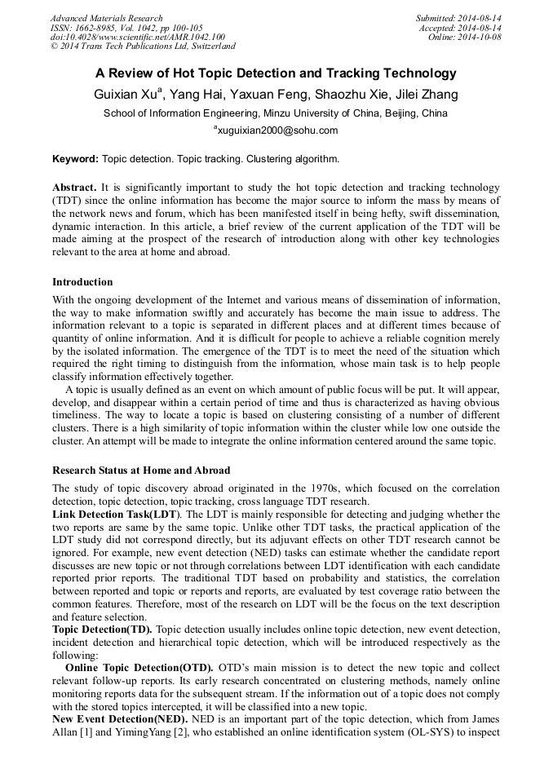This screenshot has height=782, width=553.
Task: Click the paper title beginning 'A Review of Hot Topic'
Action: pos(276,73)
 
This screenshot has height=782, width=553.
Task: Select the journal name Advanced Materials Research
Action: pos(106,18)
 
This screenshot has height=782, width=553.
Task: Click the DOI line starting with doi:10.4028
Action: pos(137,37)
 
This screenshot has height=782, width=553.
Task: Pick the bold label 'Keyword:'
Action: pos(76,159)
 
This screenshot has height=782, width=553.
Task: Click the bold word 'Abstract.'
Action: pos(74,188)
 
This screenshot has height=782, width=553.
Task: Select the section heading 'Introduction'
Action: pos(82,282)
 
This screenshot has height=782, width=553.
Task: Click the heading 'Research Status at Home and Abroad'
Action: pos(141,471)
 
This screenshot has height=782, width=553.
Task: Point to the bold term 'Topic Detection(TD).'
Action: pos(102,630)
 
